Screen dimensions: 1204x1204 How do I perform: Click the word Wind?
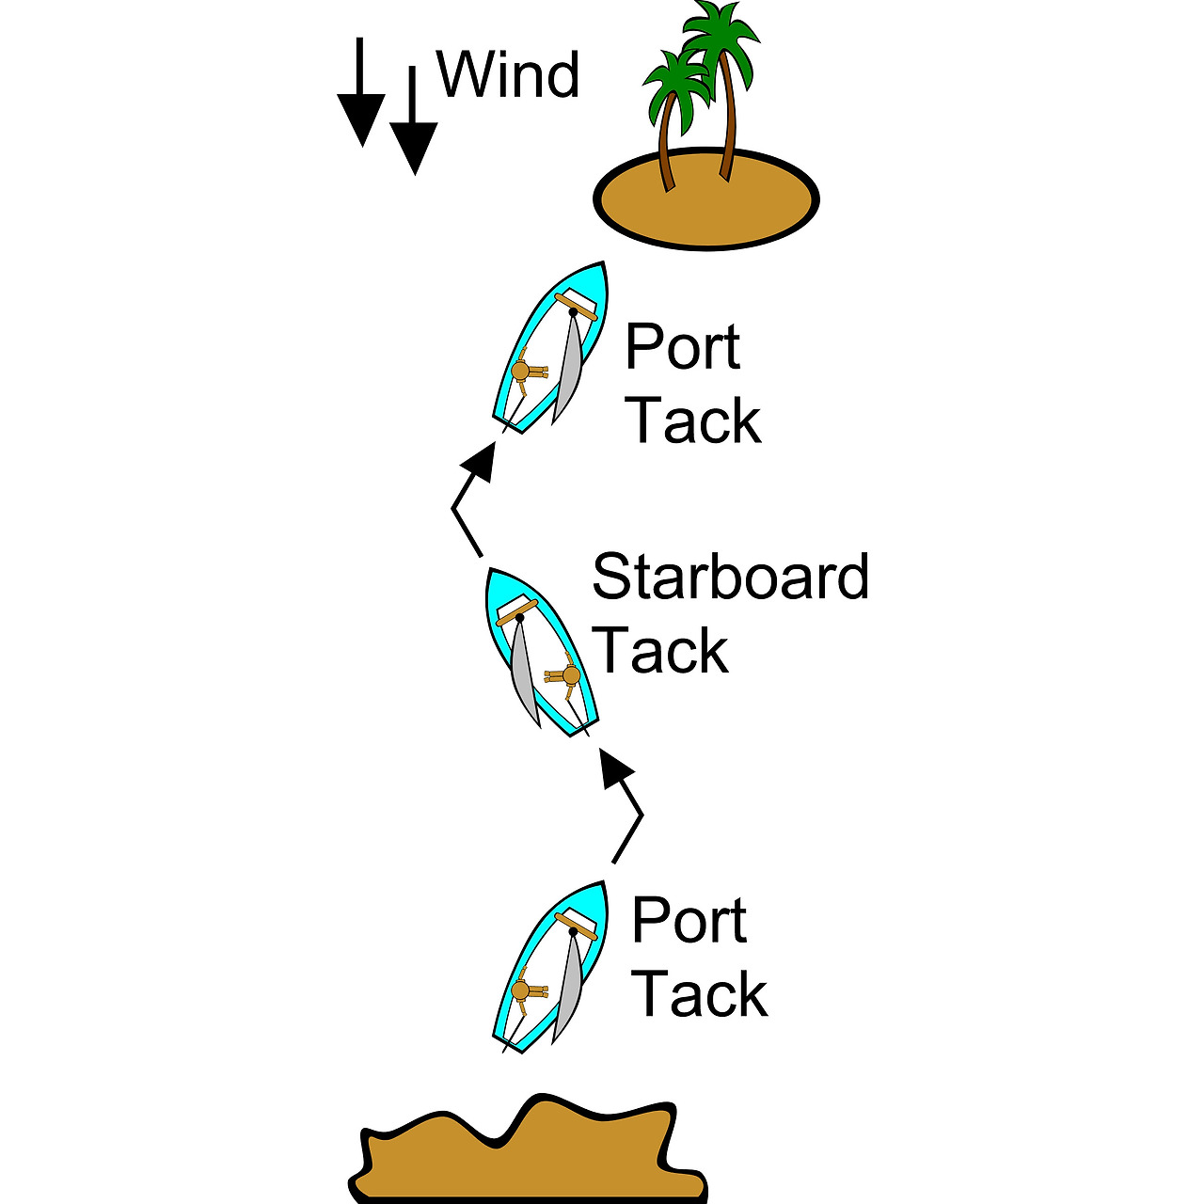click(508, 74)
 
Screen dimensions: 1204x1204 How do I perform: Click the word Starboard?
click(730, 577)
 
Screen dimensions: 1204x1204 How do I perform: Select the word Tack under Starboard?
click(660, 651)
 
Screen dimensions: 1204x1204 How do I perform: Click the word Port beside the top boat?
click(683, 347)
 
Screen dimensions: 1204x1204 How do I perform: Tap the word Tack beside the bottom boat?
click(700, 994)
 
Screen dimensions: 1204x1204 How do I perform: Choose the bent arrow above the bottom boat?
click(626, 809)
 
